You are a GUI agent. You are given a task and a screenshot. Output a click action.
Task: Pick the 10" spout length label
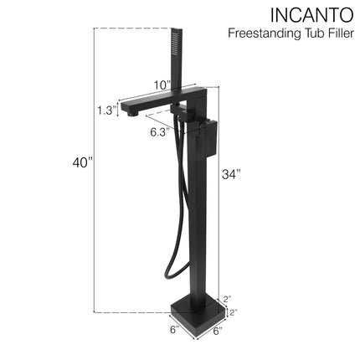click(162, 84)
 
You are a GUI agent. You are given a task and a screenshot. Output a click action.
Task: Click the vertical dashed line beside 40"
click(95, 167)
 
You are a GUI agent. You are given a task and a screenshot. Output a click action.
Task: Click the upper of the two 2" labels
click(227, 298)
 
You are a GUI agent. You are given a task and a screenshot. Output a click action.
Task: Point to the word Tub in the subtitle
click(306, 33)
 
